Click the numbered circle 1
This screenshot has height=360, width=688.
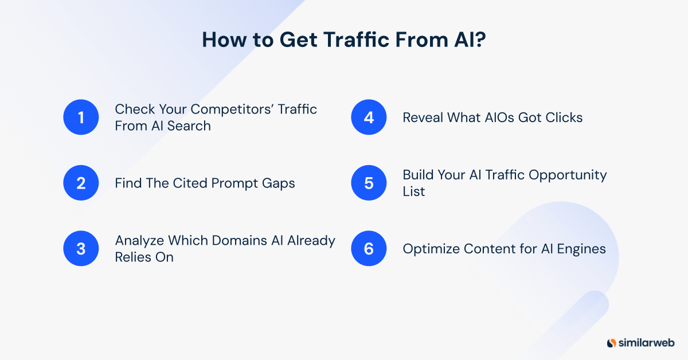tap(81, 118)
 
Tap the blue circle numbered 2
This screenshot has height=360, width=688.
tap(81, 183)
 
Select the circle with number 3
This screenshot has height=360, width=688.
tap(81, 249)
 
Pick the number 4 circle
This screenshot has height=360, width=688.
tap(369, 118)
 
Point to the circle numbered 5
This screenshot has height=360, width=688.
tap(369, 183)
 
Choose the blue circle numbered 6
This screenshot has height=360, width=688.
tap(369, 249)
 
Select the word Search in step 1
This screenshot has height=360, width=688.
tap(190, 126)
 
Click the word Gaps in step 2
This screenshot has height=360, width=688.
tap(281, 183)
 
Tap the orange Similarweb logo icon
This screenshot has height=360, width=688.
tap(611, 343)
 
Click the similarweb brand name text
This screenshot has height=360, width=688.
tap(647, 343)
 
